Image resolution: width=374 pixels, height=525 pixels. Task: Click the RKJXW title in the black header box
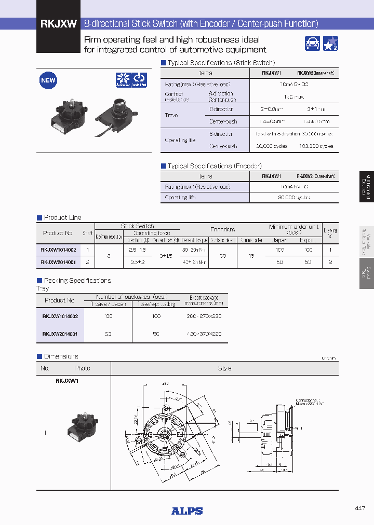pyautogui.click(x=59, y=23)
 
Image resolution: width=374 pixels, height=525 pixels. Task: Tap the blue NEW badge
pyautogui.click(x=48, y=80)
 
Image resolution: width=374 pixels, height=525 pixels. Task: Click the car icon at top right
pyautogui.click(x=313, y=44)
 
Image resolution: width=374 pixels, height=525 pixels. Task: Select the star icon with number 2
pyautogui.click(x=331, y=44)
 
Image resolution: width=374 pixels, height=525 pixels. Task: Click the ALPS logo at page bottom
pyautogui.click(x=187, y=511)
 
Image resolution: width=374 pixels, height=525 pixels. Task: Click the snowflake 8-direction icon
pyautogui.click(x=123, y=80)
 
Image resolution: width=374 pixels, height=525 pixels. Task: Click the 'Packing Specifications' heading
pyautogui.click(x=77, y=281)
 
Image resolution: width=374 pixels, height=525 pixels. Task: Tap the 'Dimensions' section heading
pyautogui.click(x=61, y=356)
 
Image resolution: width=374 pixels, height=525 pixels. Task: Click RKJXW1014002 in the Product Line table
pyautogui.click(x=58, y=250)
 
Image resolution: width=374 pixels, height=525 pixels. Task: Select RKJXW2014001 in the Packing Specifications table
pyautogui.click(x=60, y=334)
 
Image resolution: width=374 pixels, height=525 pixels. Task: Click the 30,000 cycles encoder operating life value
pyautogui.click(x=293, y=197)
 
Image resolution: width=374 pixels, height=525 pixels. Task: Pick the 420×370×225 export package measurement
pyautogui.click(x=204, y=334)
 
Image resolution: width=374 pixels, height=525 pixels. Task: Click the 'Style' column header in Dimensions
pyautogui.click(x=224, y=368)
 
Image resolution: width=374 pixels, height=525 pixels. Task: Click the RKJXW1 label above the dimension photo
pyautogui.click(x=66, y=381)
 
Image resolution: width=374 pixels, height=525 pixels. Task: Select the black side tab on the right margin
pyautogui.click(x=366, y=186)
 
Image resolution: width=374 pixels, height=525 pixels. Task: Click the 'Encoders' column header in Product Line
pyautogui.click(x=222, y=229)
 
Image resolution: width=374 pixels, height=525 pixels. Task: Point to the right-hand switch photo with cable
pyautogui.click(x=117, y=114)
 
